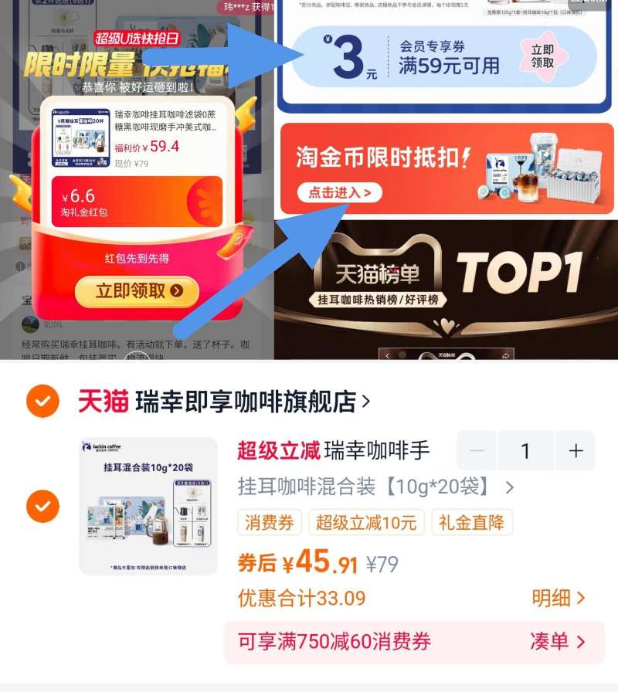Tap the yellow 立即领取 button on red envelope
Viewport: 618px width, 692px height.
[x=137, y=291]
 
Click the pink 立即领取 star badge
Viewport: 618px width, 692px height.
[x=542, y=56]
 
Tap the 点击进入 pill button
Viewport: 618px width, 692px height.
[x=340, y=192]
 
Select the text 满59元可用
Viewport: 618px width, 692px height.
[x=449, y=66]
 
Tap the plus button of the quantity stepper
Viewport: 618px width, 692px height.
[x=576, y=451]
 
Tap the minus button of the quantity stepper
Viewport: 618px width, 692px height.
[x=477, y=451]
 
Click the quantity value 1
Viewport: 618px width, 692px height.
[x=525, y=451]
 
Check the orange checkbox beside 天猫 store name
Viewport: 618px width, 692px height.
[x=42, y=402]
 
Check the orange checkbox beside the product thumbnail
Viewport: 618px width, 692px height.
[x=42, y=506]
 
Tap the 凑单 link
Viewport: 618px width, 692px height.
[x=557, y=641]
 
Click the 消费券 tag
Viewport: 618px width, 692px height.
[x=270, y=523]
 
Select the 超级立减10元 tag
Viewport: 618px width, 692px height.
[x=366, y=523]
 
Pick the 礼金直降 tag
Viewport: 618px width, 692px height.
[x=471, y=523]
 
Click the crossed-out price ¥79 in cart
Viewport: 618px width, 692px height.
[x=382, y=565]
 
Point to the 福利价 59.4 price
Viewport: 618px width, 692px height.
[x=147, y=147]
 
